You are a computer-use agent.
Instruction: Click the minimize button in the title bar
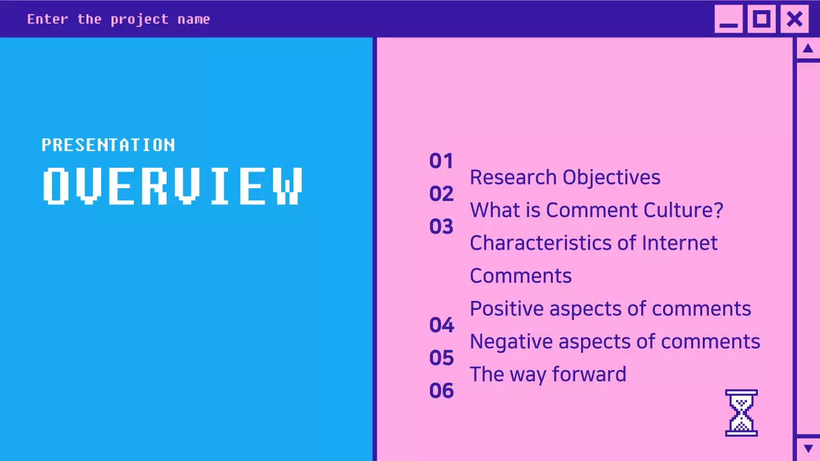tap(728, 19)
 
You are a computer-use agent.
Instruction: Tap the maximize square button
tap(761, 19)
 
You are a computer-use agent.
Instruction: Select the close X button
tap(794, 19)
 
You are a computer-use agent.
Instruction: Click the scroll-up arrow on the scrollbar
tap(807, 49)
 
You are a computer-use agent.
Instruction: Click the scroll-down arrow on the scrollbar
tap(807, 448)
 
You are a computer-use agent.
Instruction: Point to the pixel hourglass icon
tap(741, 413)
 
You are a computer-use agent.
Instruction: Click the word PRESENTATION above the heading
tap(108, 145)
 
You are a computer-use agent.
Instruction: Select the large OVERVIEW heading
tap(173, 186)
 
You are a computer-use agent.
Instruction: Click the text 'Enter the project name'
tap(119, 19)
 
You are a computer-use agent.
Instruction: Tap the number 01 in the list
tap(441, 161)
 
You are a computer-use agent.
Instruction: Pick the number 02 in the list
tap(441, 193)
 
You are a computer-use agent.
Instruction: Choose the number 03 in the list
tap(441, 227)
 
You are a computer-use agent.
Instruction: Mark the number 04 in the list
tap(441, 325)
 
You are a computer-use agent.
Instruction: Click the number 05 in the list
tap(441, 358)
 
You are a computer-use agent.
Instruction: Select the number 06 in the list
tap(441, 391)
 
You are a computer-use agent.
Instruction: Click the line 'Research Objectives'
tap(564, 177)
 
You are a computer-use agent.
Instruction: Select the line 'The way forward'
tap(548, 374)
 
